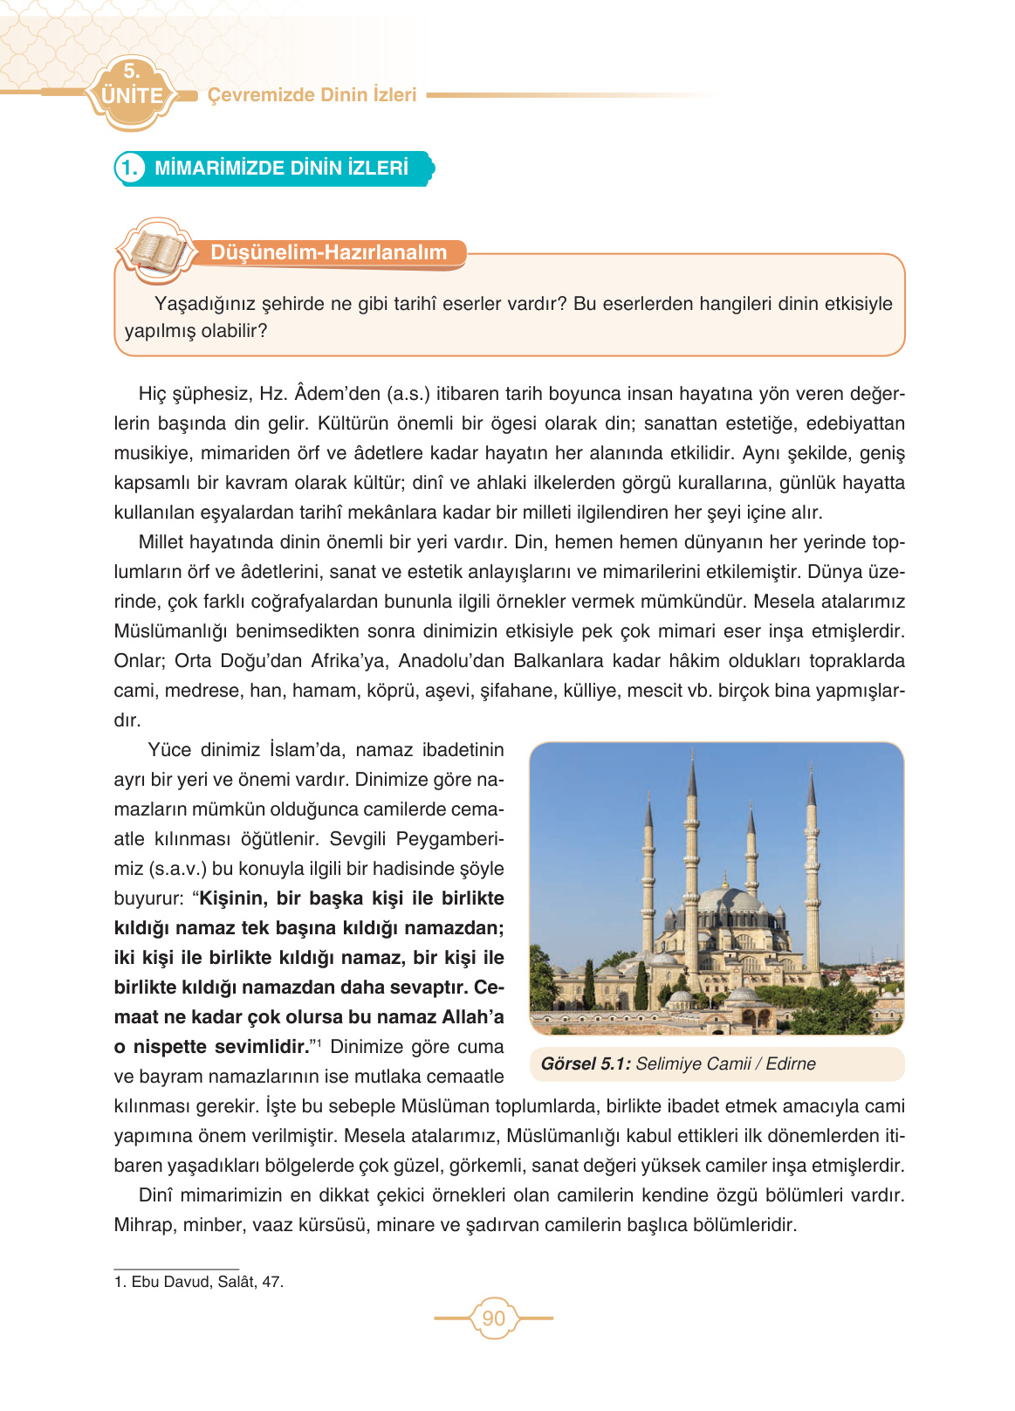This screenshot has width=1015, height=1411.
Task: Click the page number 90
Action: click(x=493, y=1318)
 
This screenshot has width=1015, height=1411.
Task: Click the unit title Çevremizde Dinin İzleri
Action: click(x=312, y=95)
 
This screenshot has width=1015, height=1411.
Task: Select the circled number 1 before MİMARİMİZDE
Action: click(x=129, y=168)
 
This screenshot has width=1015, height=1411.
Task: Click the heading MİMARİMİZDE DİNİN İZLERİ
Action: click(x=281, y=168)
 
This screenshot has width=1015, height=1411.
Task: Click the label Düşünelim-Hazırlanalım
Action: click(x=328, y=252)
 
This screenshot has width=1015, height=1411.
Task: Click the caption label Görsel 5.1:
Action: click(x=585, y=1063)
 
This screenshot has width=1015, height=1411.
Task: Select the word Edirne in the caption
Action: click(x=791, y=1063)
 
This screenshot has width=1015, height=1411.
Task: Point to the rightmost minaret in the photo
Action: click(x=812, y=864)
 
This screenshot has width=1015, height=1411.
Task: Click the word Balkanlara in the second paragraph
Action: click(x=554, y=661)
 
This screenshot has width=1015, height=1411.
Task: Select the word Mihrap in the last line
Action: click(x=143, y=1225)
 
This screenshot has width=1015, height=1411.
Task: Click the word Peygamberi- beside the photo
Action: click(x=449, y=839)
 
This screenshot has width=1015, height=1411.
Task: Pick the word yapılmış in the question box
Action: click(x=160, y=331)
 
